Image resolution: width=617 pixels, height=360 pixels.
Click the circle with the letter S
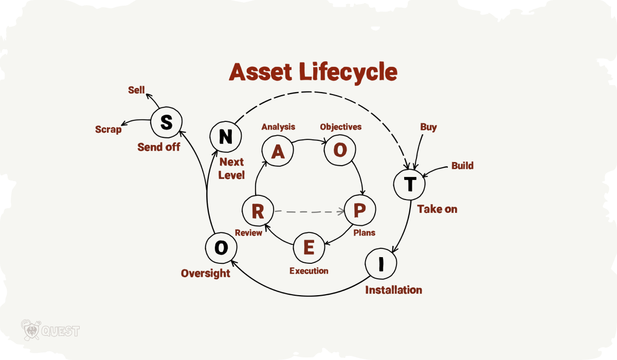point(166,122)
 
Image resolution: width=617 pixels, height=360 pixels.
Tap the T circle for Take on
point(410,184)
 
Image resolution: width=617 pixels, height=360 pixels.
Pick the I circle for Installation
point(381,265)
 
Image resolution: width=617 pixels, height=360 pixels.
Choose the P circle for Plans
point(360,210)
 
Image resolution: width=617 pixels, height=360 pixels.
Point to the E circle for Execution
point(309,247)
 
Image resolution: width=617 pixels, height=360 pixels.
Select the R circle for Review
point(258,211)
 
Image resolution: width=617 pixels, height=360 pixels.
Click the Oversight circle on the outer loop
point(221,247)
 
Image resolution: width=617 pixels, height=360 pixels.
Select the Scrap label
point(108,129)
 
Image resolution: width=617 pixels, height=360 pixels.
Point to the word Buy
point(428,127)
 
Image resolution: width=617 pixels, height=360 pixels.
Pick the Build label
point(462,166)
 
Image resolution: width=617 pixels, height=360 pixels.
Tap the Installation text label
point(393,290)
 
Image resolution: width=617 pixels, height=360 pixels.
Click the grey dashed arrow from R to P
point(308,211)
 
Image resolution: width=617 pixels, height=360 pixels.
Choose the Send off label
point(158,147)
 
